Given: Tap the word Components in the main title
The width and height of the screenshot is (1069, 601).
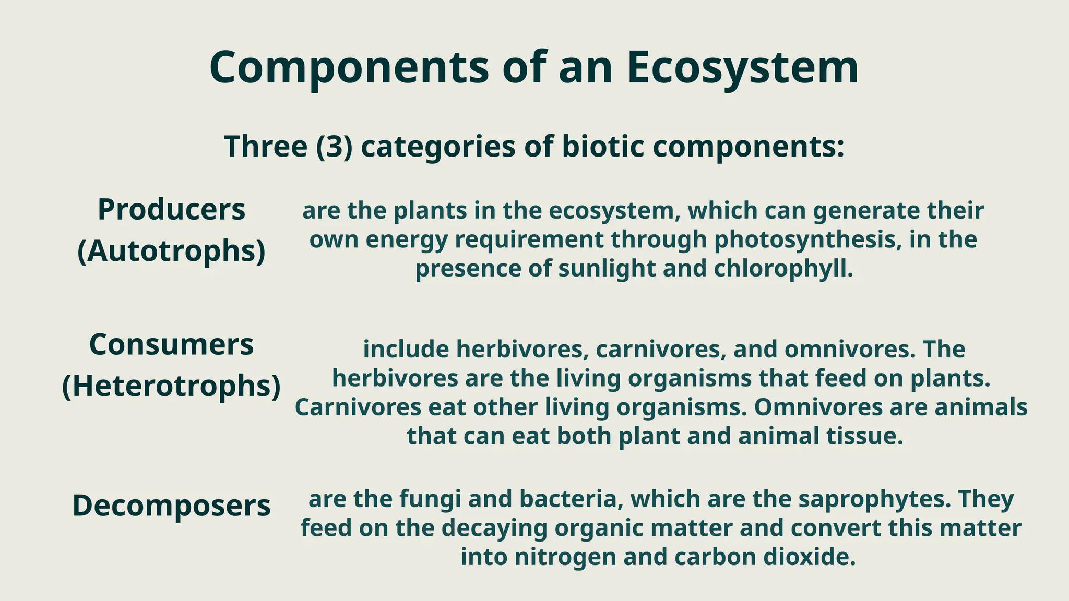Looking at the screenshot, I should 349,68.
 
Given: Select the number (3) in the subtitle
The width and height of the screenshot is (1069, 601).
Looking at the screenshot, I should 335,146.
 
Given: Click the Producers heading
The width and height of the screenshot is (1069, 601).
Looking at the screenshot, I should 171,210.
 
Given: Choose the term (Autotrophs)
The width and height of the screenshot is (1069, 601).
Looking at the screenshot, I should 171,251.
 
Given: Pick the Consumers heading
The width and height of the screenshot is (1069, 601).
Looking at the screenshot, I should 171,344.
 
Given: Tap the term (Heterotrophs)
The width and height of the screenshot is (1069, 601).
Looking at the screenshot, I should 171,386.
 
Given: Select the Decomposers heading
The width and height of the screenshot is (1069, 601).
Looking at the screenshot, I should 171,505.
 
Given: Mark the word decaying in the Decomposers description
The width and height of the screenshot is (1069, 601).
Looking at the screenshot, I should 497,528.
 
